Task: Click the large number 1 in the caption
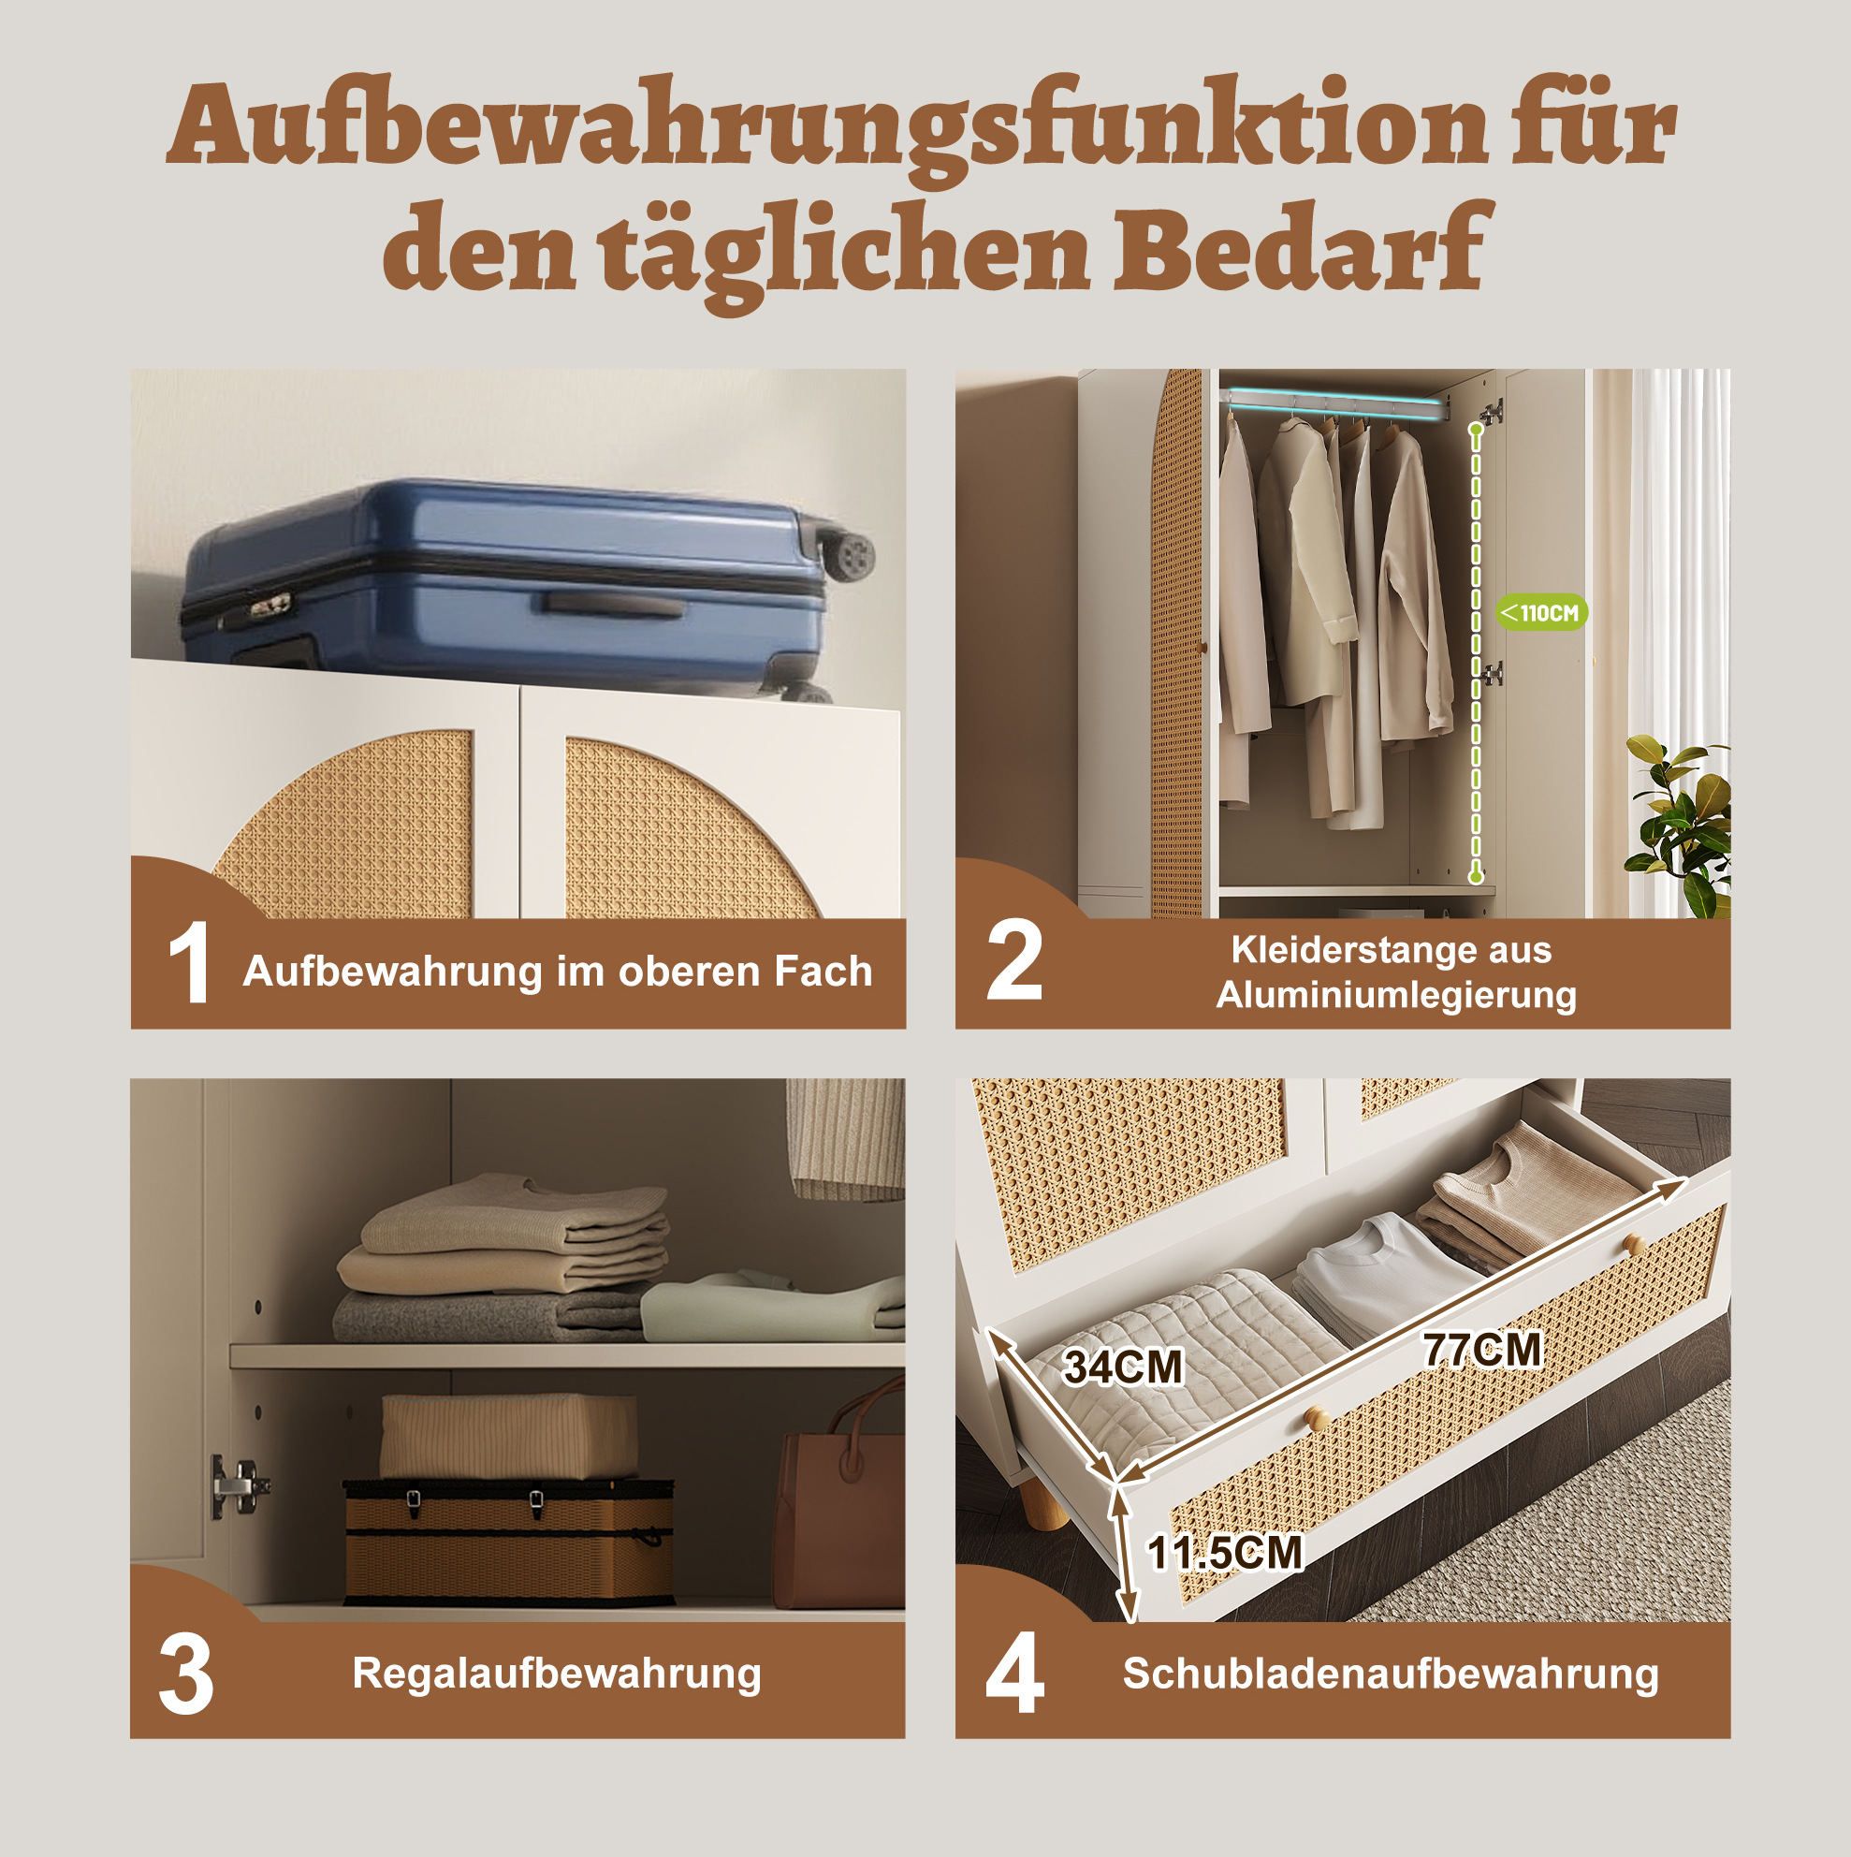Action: (x=188, y=962)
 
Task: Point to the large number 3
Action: (x=186, y=1674)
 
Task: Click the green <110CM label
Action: (x=1541, y=612)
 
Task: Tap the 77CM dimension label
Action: (x=1483, y=1350)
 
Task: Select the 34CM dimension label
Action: (x=1123, y=1367)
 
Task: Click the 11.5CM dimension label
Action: (x=1225, y=1552)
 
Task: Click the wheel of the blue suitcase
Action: (x=850, y=557)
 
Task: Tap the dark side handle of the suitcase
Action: (x=611, y=605)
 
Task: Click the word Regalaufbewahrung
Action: (x=557, y=1674)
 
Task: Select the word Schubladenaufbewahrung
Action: (x=1391, y=1674)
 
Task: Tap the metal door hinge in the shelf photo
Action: (x=238, y=1486)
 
